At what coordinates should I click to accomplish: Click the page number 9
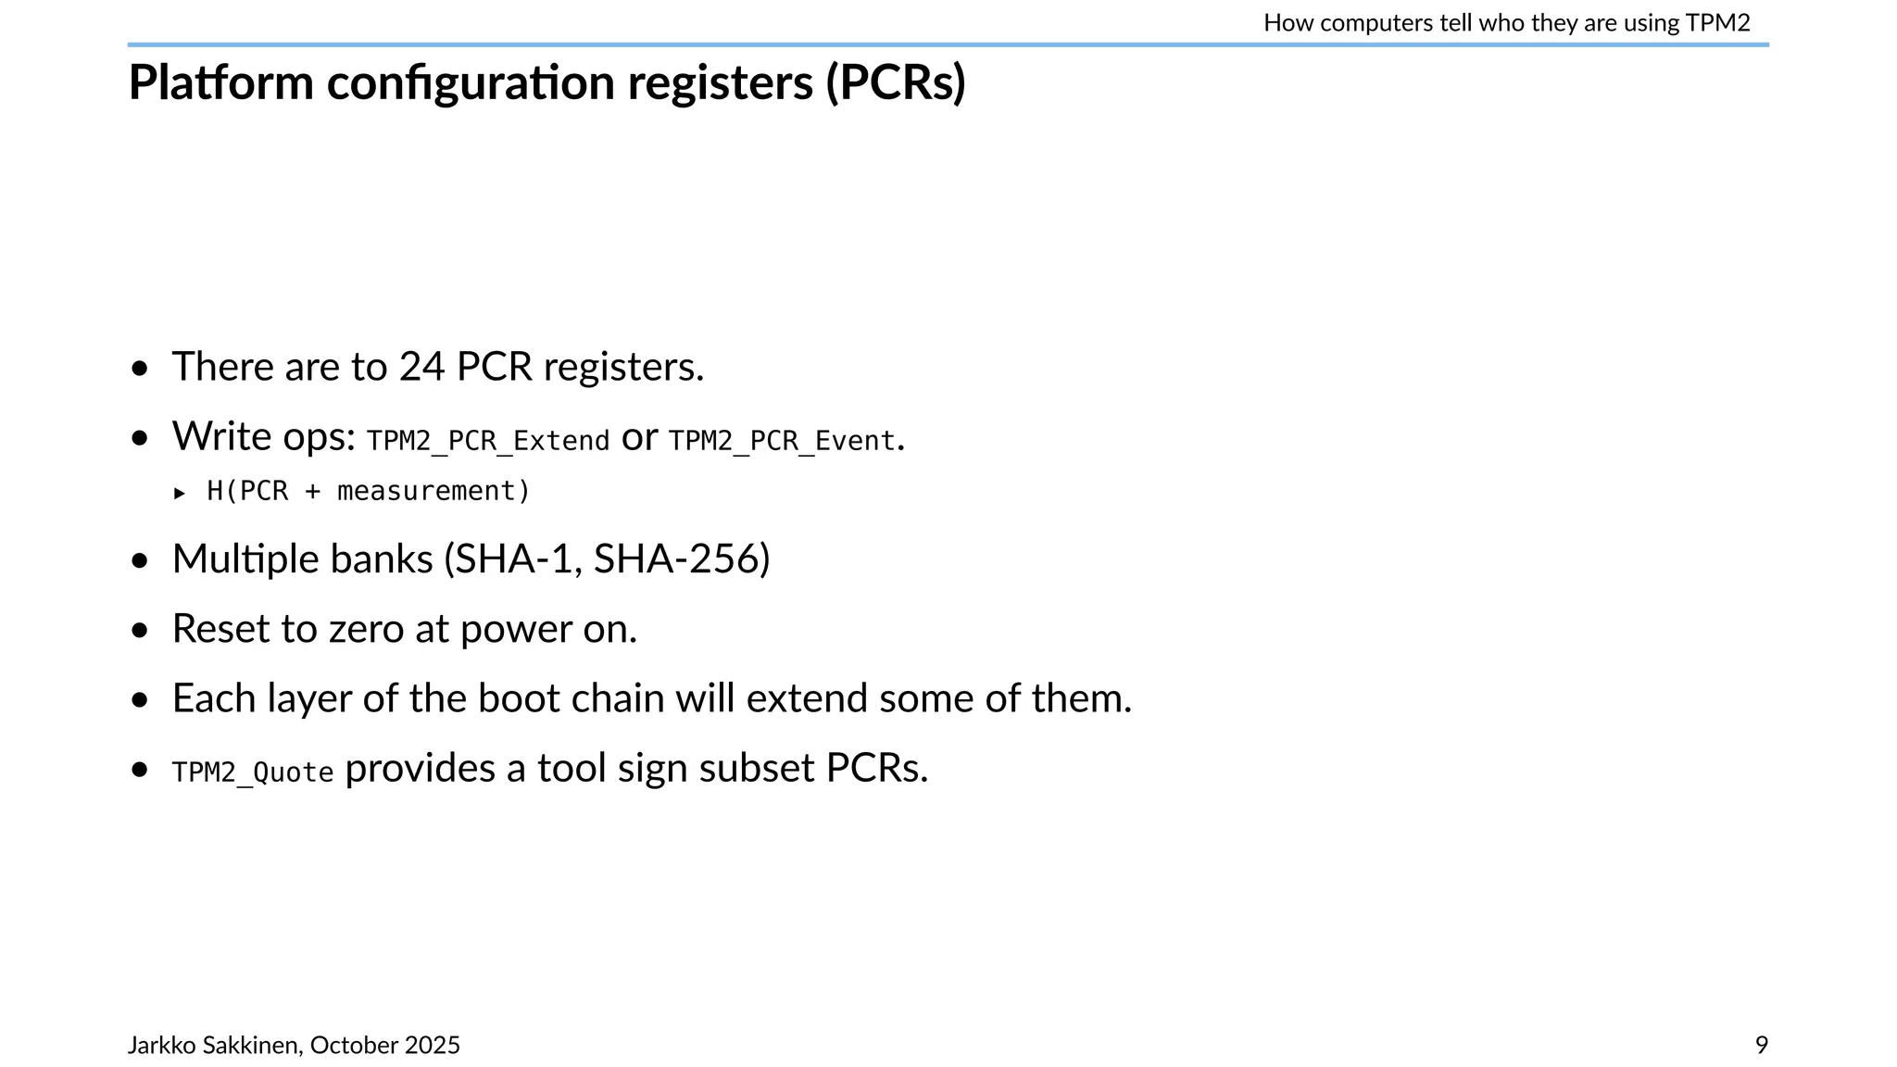[1761, 1045]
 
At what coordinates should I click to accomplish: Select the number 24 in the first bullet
[421, 367]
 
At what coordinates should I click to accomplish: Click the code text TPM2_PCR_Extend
[488, 441]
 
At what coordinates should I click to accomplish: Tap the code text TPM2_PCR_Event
[782, 441]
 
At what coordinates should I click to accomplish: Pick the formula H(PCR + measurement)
[369, 491]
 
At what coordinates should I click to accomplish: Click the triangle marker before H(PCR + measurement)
[180, 493]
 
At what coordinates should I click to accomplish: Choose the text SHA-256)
[682, 559]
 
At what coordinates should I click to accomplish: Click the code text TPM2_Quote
[253, 772]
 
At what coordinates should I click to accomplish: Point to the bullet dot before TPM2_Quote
[140, 769]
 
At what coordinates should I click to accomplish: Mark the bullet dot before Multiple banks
[140, 560]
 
